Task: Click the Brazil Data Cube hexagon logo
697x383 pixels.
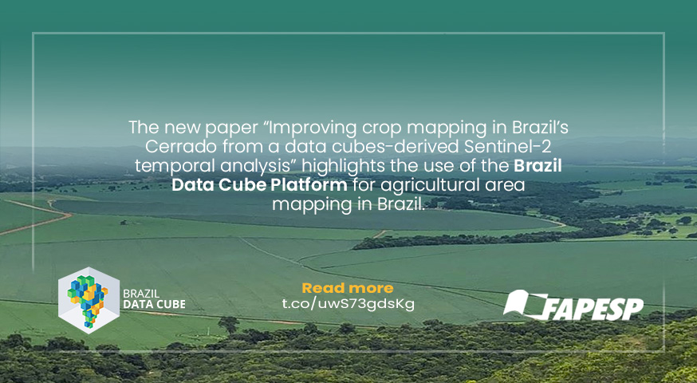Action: point(89,300)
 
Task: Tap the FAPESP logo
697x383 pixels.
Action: point(573,305)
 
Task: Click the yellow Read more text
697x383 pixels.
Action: point(348,288)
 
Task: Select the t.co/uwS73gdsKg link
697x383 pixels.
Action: point(348,304)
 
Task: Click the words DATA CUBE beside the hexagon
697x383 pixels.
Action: point(154,305)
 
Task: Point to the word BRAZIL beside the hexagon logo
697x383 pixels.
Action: point(141,294)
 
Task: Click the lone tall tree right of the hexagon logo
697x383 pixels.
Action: point(229,326)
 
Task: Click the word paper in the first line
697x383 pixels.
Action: point(230,129)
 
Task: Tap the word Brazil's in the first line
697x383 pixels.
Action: point(541,128)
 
